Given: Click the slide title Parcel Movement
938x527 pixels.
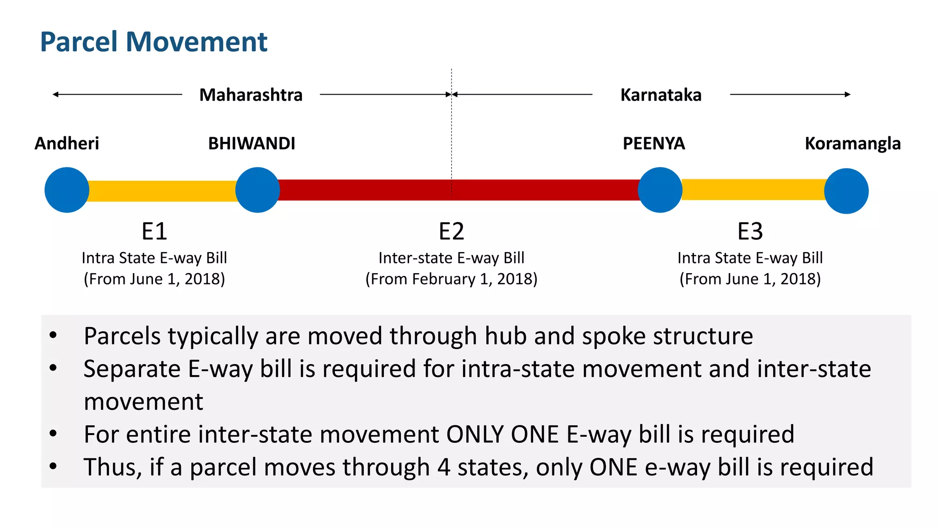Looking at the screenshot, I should [153, 42].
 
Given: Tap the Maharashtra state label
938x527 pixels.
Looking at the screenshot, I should [251, 95].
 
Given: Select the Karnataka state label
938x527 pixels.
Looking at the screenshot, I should [660, 95].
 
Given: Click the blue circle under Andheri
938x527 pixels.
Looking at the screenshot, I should [67, 190].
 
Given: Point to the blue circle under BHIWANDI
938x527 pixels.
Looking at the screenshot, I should [257, 190].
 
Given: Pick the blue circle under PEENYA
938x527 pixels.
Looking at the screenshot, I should [660, 190].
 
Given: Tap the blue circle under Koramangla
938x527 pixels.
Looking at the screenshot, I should [846, 191].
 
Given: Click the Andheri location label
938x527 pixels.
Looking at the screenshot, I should [67, 144].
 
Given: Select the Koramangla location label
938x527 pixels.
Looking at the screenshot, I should [852, 144].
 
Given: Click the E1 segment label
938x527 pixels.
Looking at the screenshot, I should [154, 231].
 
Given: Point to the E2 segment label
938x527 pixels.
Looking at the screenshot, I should [451, 231].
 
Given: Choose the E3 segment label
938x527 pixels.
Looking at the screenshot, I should [750, 231].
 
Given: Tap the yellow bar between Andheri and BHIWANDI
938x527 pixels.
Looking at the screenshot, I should [162, 191].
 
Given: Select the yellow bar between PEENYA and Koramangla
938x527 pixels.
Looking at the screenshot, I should [753, 190].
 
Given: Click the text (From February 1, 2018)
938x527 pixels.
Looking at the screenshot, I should [451, 279].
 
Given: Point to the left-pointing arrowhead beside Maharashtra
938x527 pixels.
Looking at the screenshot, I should [55, 95].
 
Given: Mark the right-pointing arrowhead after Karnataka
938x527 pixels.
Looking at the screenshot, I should [848, 95].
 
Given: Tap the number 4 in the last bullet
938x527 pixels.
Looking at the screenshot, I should [443, 468].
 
